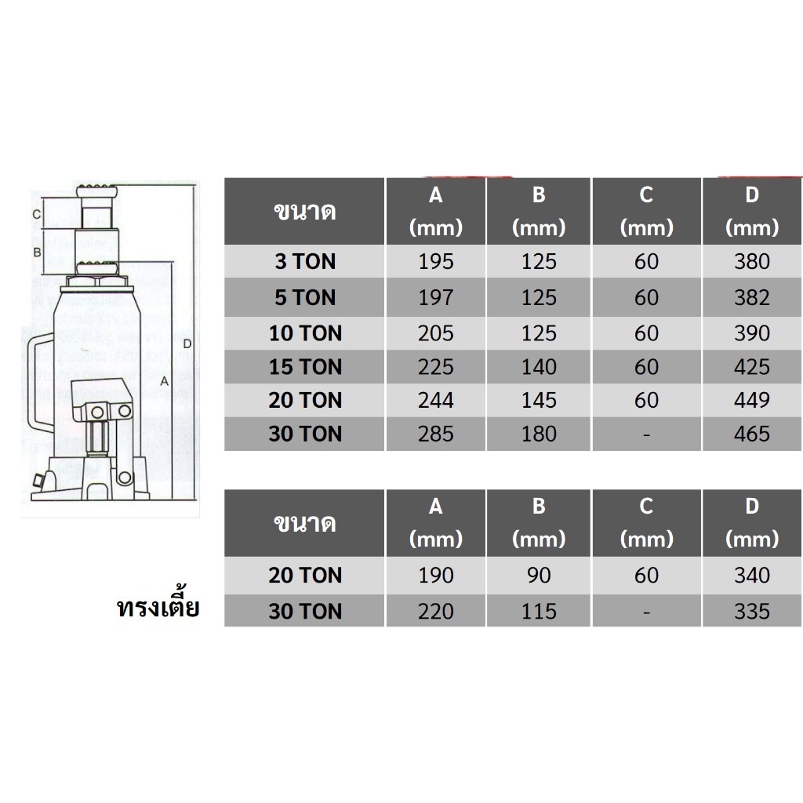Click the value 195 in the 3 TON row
pos(436,262)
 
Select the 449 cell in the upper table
pos(752,400)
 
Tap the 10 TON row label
pos(305,333)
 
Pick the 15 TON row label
pos(305,367)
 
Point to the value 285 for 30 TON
pos(436,434)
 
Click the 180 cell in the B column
pos(539,434)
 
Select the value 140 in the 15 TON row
pos(539,367)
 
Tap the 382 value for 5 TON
pos(752,297)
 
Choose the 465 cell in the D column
pos(752,434)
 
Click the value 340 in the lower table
pos(752,575)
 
